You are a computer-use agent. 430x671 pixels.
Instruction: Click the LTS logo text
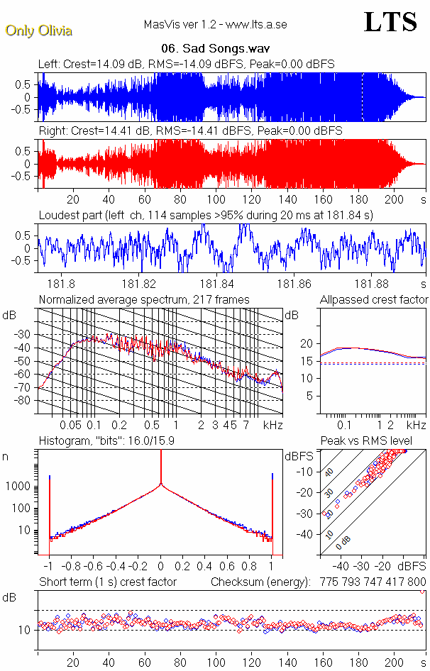(x=390, y=22)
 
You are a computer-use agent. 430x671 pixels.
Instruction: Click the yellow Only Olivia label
(x=39, y=30)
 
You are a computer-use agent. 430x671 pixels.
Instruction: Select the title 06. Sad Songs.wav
(x=215, y=49)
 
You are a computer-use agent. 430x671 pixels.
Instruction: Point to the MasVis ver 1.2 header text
(x=215, y=25)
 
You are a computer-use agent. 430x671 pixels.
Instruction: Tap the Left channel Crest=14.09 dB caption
(x=187, y=64)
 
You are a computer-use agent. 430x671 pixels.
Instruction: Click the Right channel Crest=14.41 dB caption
(x=190, y=131)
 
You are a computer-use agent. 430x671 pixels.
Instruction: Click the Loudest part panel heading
(x=206, y=215)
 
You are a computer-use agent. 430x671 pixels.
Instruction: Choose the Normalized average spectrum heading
(x=144, y=299)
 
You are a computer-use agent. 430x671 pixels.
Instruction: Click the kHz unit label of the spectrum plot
(x=272, y=425)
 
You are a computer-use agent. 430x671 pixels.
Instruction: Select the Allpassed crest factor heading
(x=374, y=299)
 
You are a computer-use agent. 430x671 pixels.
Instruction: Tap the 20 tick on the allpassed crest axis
(x=307, y=343)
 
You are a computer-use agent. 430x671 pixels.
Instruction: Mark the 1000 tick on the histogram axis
(x=20, y=487)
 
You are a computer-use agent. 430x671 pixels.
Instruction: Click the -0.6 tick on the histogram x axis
(x=94, y=567)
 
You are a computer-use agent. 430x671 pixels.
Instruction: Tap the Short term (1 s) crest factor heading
(x=107, y=582)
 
